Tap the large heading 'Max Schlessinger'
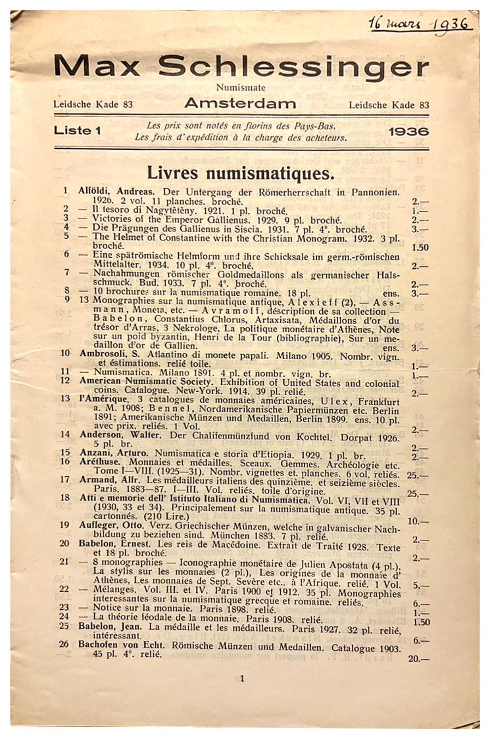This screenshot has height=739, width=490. (x=241, y=66)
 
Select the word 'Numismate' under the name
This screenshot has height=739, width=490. (x=241, y=88)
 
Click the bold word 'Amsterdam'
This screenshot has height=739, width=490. (x=240, y=103)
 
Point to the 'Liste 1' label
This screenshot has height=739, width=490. (x=77, y=131)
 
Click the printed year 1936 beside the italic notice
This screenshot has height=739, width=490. (x=408, y=132)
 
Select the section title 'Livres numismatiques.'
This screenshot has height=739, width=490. (x=241, y=173)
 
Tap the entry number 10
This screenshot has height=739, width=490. (x=65, y=353)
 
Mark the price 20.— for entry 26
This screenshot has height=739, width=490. (x=418, y=659)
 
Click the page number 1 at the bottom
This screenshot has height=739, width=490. (x=242, y=678)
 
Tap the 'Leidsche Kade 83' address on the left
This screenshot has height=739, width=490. (x=93, y=104)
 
